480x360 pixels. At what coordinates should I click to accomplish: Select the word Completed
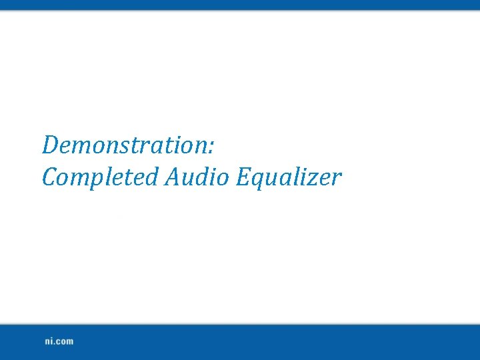click(x=101, y=178)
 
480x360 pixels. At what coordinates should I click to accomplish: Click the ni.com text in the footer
click(x=59, y=341)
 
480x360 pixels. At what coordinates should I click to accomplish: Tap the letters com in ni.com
click(x=65, y=341)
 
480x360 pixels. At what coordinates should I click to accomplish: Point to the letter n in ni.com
click(x=48, y=341)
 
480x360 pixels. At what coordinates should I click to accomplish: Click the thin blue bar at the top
click(x=240, y=5)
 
